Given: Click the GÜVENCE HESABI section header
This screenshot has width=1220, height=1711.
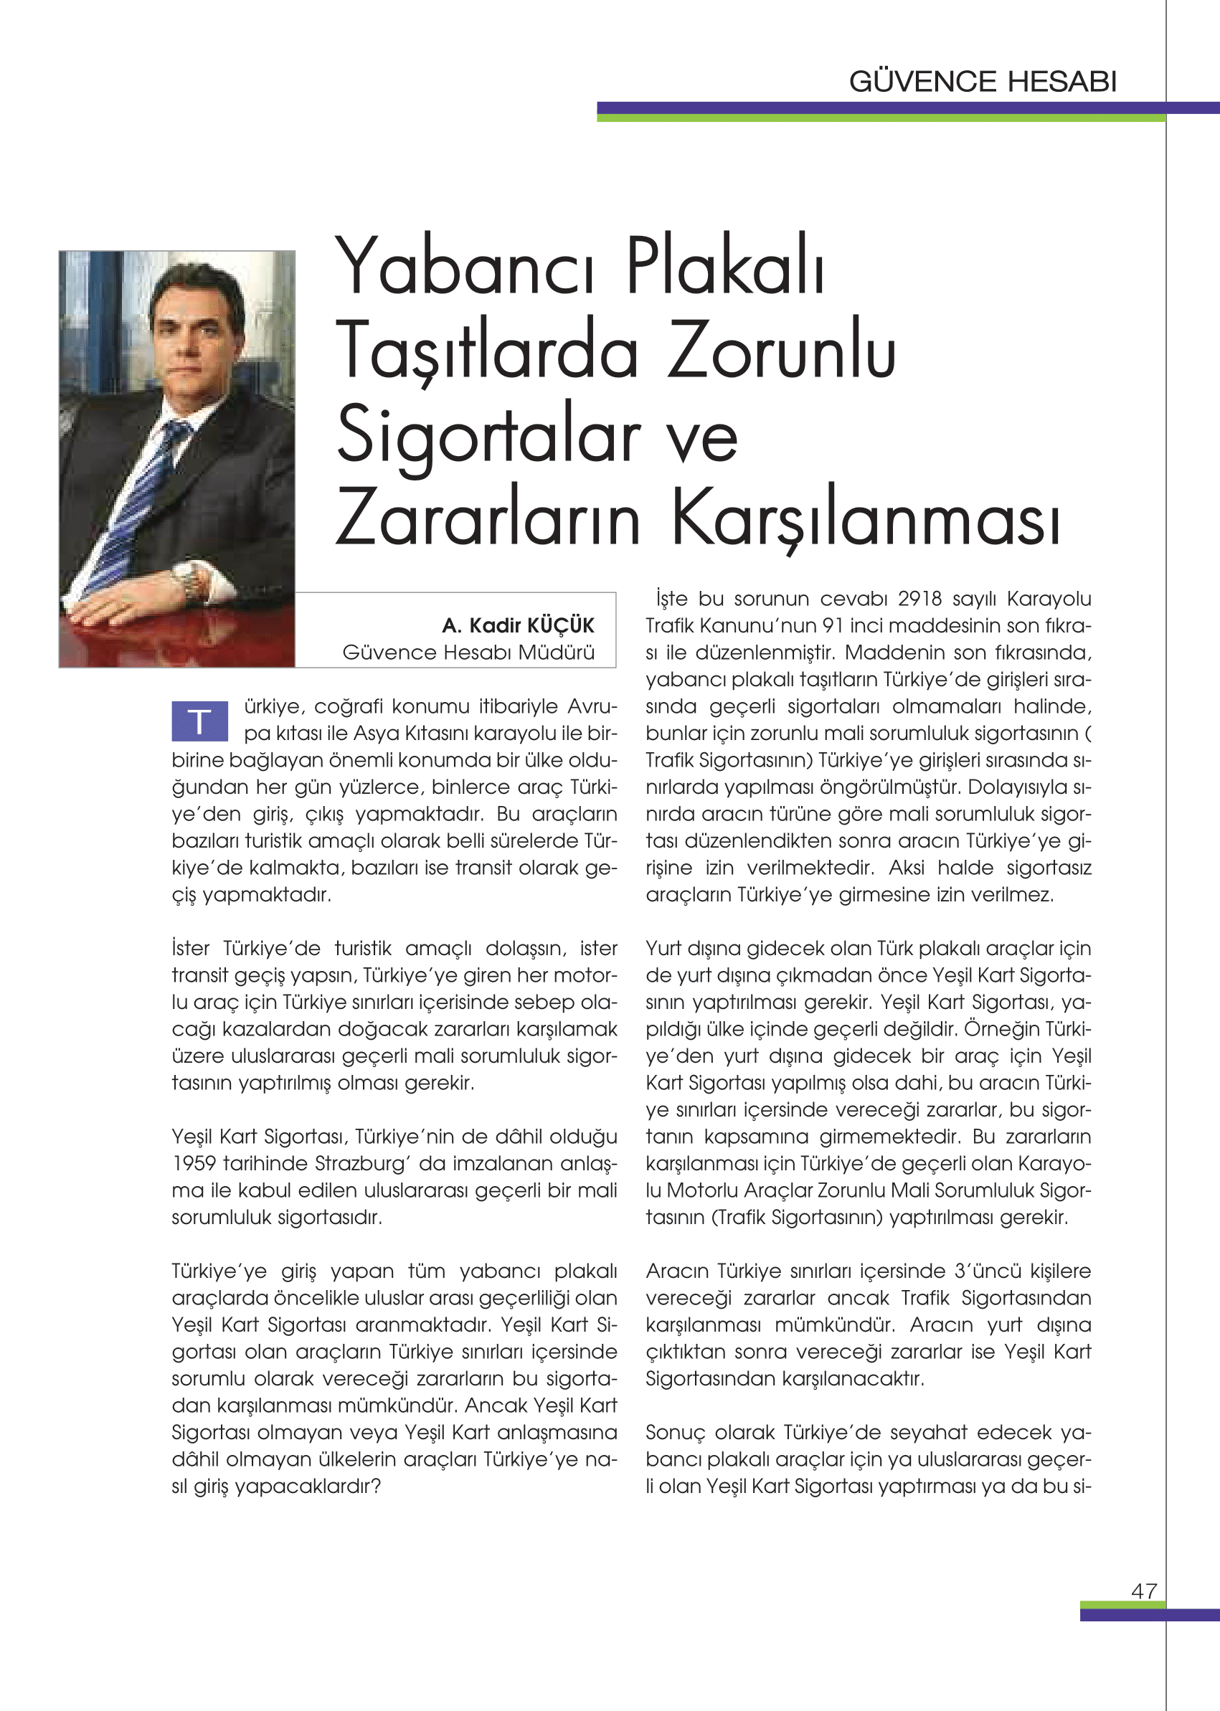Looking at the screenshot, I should click(x=983, y=81).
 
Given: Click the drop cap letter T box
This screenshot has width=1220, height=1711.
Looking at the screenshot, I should click(x=199, y=721).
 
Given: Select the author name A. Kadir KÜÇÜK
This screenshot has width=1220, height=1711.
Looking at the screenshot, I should click(x=518, y=625).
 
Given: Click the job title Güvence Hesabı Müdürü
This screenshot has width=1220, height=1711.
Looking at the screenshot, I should click(x=468, y=652).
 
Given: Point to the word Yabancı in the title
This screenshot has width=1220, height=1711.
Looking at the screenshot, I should click(x=465, y=269).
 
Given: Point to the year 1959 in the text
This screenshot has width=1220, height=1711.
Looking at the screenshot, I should click(x=194, y=1163).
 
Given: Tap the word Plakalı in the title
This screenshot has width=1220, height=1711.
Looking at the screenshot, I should click(x=725, y=269).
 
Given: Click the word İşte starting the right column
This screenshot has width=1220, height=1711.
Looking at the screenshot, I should click(x=671, y=599).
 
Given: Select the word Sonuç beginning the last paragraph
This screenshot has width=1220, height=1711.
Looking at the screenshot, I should click(x=675, y=1432).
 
